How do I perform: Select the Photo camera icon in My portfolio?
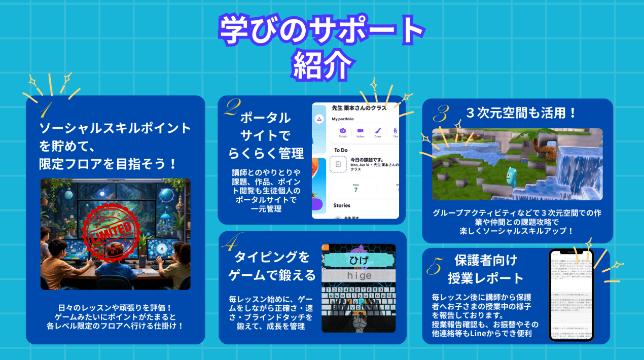click(x=343, y=131)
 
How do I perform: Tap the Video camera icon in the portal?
click(x=360, y=131)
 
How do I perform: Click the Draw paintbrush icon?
click(x=378, y=131)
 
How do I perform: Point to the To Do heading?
click(x=341, y=150)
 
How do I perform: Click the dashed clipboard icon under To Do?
click(x=338, y=164)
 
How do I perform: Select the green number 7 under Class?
click(x=356, y=190)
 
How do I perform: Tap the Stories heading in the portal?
click(x=342, y=206)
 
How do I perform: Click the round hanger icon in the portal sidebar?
click(x=319, y=119)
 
